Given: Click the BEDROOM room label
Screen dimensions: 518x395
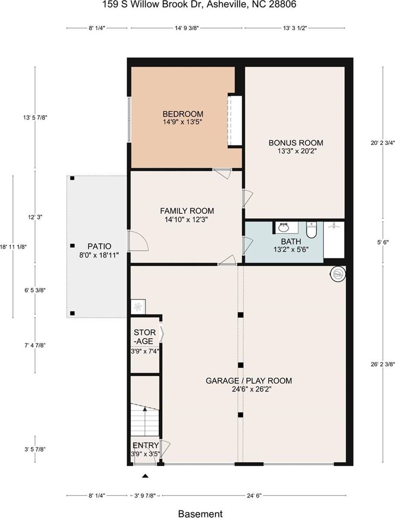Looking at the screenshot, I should pyautogui.click(x=182, y=114).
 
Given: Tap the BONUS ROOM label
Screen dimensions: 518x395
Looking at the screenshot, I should pyautogui.click(x=296, y=143).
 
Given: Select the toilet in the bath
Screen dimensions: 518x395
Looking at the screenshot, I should pyautogui.click(x=312, y=229).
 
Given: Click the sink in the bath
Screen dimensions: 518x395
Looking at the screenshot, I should pyautogui.click(x=284, y=227).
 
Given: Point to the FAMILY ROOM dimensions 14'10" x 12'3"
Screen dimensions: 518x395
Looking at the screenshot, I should pyautogui.click(x=187, y=219).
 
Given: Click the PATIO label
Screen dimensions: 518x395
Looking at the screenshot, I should pyautogui.click(x=99, y=246).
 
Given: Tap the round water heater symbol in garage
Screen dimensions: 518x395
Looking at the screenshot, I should pyautogui.click(x=338, y=273).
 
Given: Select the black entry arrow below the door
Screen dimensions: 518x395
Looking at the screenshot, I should pyautogui.click(x=145, y=476).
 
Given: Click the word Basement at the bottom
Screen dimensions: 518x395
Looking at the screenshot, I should pyautogui.click(x=200, y=514).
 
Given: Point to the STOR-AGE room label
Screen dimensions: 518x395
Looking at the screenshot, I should pyautogui.click(x=145, y=337).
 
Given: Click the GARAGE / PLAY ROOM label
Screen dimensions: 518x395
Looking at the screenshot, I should pyautogui.click(x=248, y=381).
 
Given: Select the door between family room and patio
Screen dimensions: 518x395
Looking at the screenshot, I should pyautogui.click(x=137, y=241).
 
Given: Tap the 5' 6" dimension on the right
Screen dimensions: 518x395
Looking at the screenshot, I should pyautogui.click(x=382, y=243).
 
